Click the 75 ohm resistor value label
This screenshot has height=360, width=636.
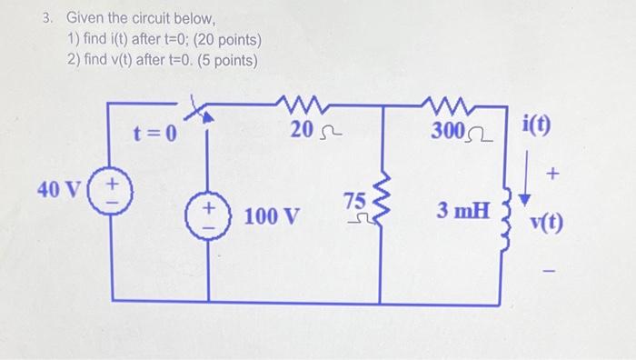pyautogui.click(x=355, y=206)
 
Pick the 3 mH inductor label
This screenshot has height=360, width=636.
pyautogui.click(x=462, y=212)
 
